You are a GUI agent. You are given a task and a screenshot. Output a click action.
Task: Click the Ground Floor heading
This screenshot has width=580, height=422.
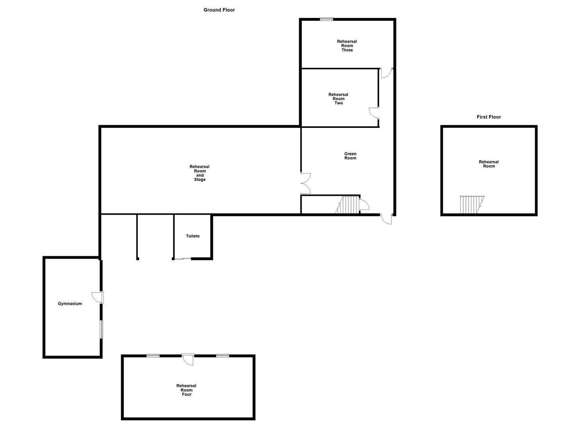click(219, 10)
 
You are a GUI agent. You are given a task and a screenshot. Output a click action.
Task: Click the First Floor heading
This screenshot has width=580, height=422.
click(489, 117)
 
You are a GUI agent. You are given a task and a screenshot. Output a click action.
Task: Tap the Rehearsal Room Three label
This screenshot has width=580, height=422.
click(347, 46)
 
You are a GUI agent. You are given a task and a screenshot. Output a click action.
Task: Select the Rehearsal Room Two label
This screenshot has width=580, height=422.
click(338, 99)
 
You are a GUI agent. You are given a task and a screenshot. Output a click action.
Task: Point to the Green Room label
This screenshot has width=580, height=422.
click(350, 156)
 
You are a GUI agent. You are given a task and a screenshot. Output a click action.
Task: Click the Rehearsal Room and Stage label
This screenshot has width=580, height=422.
click(200, 173)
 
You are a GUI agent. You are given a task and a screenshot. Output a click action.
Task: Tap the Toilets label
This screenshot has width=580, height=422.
click(193, 236)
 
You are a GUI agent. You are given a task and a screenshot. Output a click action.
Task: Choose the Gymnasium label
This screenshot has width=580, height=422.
click(70, 304)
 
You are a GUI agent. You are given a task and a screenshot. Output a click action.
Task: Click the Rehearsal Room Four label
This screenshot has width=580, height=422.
click(186, 390)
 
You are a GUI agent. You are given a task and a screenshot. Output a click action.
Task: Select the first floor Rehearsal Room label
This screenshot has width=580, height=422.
click(489, 164)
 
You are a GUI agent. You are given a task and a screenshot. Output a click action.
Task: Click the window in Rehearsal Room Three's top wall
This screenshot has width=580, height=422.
click(326, 19)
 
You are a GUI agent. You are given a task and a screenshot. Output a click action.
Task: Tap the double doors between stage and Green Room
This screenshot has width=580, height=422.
click(305, 183)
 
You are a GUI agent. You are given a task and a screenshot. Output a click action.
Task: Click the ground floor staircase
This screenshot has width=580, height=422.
click(348, 205)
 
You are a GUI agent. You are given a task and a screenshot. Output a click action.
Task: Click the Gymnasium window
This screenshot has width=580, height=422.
click(102, 329)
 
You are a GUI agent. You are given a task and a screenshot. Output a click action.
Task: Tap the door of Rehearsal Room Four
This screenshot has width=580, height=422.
click(188, 359)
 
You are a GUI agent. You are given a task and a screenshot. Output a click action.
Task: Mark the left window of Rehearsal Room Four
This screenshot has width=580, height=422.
click(153, 356)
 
